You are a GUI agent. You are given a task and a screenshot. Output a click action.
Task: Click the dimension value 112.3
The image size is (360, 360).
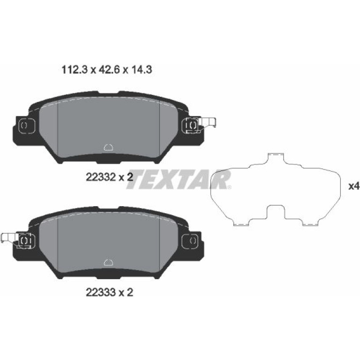coord(75,70)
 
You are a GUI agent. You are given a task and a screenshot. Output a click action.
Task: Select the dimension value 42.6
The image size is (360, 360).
coord(109,70)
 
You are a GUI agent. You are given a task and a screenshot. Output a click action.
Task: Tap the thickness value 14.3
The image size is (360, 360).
coord(141,70)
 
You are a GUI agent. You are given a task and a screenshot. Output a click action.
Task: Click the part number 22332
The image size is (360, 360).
coord(101,177)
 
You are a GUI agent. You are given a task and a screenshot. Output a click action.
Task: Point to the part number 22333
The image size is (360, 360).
coord(101,292)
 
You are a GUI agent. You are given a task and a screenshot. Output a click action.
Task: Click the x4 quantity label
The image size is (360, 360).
coord(354,186)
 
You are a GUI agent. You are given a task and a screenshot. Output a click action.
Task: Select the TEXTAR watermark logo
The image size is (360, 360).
coord(179,180)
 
